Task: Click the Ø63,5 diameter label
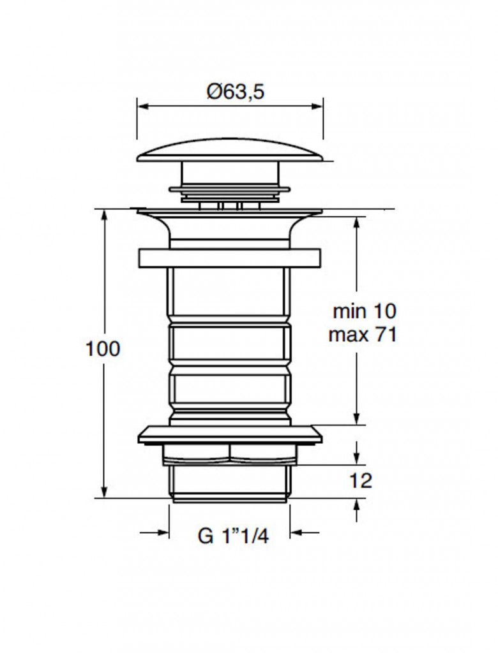[236, 92]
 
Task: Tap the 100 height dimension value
[102, 349]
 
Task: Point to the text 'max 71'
[363, 335]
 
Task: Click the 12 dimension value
[360, 481]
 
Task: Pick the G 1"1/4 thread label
[233, 536]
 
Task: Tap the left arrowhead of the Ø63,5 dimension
[143, 106]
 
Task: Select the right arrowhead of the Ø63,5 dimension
[317, 106]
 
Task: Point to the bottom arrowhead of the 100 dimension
[104, 491]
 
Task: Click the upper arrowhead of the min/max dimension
[356, 223]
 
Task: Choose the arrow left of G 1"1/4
[155, 532]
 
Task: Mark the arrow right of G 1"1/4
[305, 532]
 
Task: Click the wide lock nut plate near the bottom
[230, 435]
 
